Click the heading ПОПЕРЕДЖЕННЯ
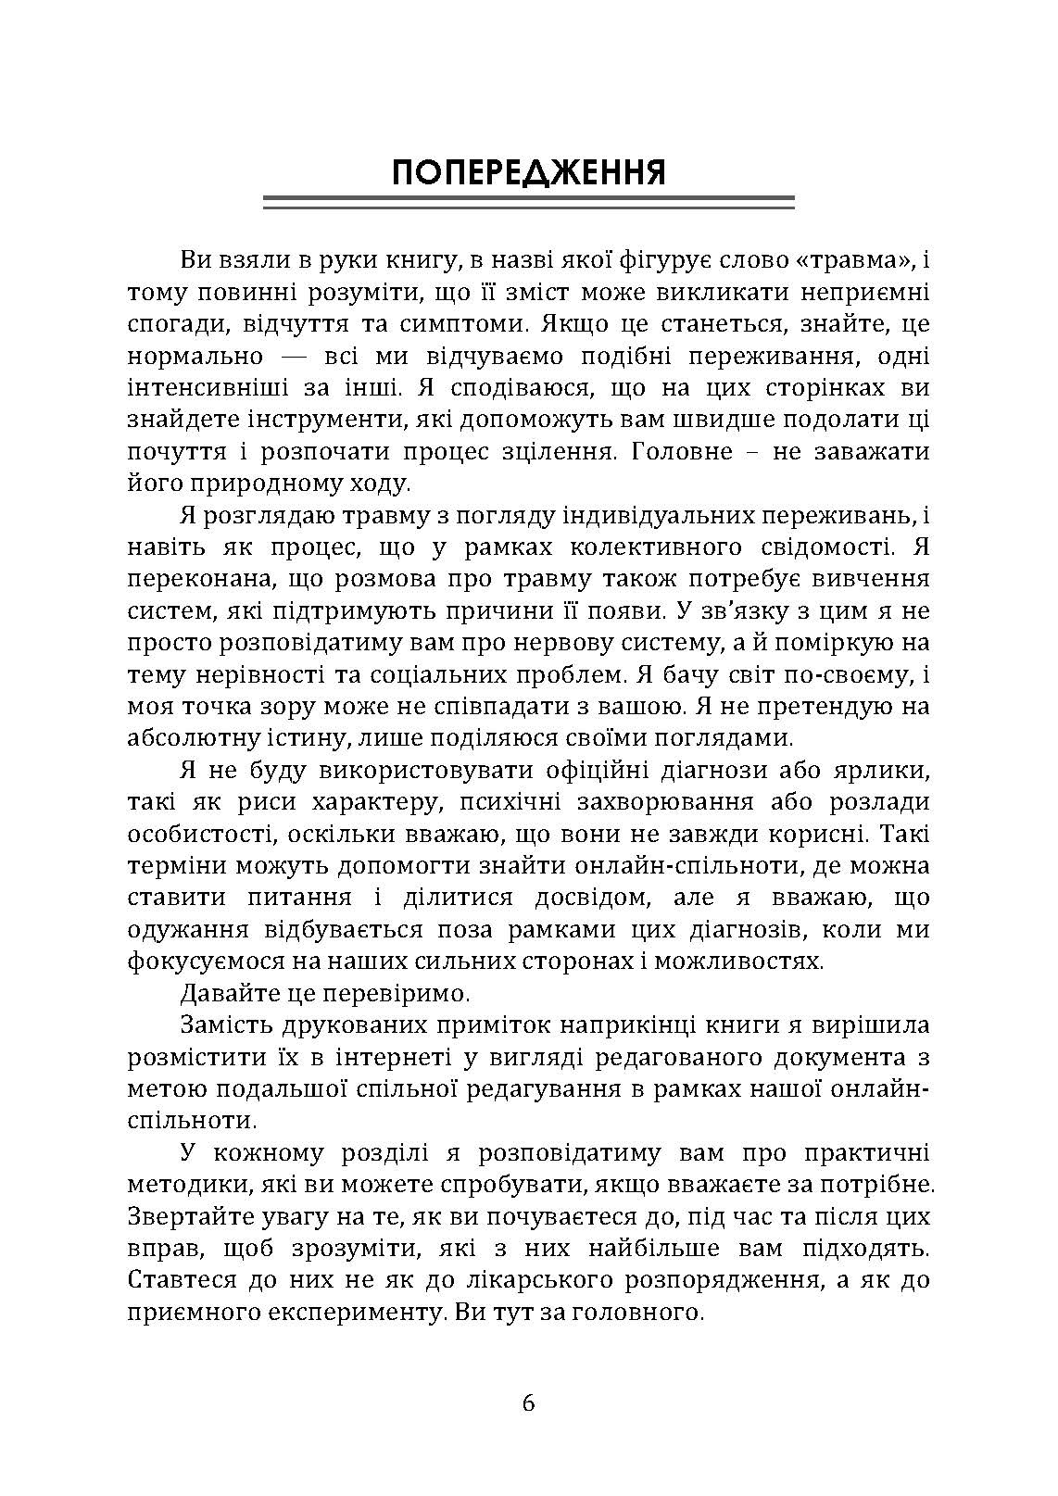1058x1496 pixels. coord(529,173)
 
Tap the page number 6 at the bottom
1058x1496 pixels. coord(529,1402)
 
